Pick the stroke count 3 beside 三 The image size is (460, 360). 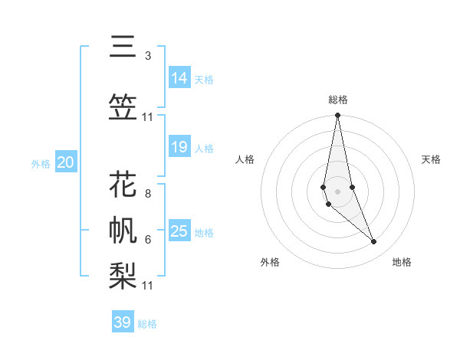pos(148,56)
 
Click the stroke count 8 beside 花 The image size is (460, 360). pos(148,193)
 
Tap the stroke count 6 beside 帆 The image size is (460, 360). pos(148,240)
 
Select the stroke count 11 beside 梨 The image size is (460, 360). pos(148,286)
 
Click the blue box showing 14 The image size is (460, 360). pos(179,78)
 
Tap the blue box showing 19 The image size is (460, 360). pos(179,147)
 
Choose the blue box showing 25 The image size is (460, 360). pos(179,231)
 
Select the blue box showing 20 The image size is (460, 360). pos(66,162)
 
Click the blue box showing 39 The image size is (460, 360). pos(123,322)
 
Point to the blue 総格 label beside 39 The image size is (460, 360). pos(148,324)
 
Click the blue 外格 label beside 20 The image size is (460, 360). pos(41,164)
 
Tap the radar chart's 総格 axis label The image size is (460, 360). pos(337,100)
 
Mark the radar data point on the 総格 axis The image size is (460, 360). pos(337,116)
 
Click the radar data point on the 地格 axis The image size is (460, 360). pos(374,242)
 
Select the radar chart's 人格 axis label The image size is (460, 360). pos(245,159)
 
